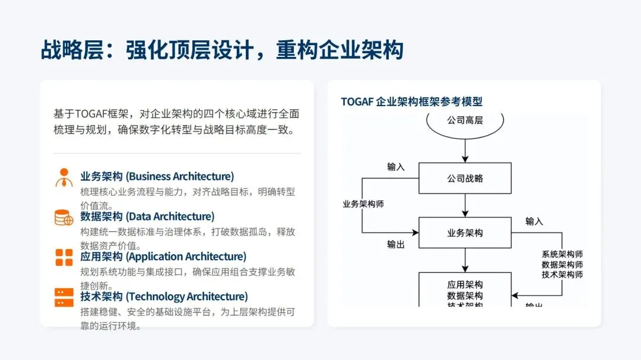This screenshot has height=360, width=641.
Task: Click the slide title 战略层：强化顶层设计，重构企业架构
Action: (x=222, y=50)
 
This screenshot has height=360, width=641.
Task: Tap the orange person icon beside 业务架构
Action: (x=64, y=177)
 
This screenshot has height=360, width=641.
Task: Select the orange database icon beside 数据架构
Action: (x=64, y=218)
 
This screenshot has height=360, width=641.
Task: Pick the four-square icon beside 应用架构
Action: (x=64, y=257)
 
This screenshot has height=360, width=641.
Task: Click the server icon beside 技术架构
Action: (x=64, y=297)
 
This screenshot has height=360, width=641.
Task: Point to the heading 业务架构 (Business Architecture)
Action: (x=157, y=176)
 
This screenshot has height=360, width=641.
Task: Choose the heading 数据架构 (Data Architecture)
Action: (x=147, y=216)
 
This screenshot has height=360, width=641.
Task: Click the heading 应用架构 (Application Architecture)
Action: (x=163, y=256)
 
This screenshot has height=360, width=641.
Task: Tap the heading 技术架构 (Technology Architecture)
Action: (x=164, y=297)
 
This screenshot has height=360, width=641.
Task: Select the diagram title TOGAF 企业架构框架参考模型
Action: (x=411, y=101)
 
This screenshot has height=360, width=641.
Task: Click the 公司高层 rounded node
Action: (x=465, y=120)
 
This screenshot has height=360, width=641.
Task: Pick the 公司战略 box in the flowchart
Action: (x=465, y=178)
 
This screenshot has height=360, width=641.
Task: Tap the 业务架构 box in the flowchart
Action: (x=465, y=232)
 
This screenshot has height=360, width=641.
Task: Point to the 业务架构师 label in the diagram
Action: (x=363, y=204)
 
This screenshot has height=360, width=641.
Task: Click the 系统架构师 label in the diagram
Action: (x=562, y=254)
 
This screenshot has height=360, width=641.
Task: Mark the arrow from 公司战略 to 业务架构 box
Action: (x=465, y=205)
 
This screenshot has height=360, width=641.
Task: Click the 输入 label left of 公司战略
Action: (x=395, y=167)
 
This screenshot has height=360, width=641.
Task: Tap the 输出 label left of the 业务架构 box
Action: (x=395, y=244)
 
